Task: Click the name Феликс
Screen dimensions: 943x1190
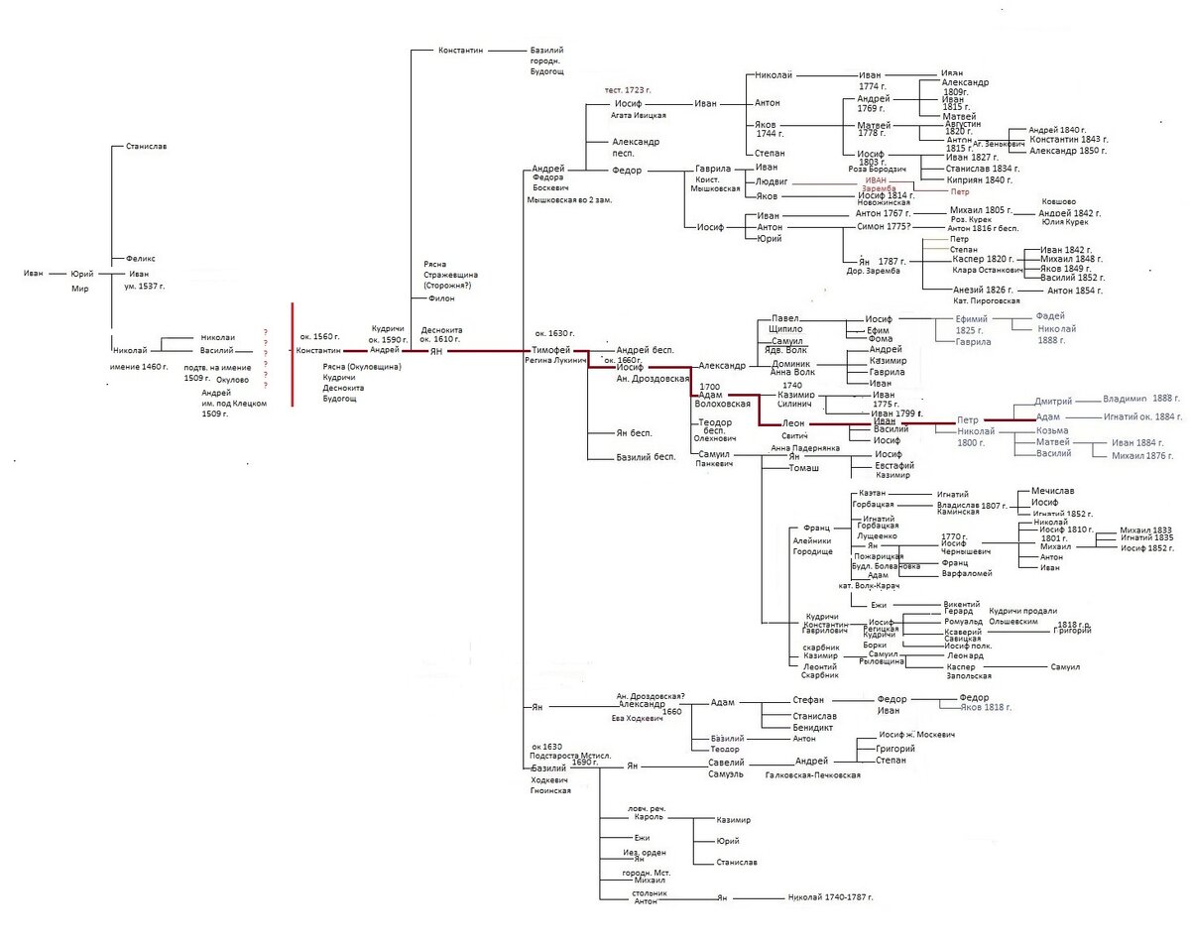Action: click(141, 259)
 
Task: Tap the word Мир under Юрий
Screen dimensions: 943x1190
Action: click(79, 289)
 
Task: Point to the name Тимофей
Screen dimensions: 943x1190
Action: click(550, 350)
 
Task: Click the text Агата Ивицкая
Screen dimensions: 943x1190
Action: click(639, 115)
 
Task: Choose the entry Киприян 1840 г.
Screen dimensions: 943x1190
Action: click(979, 179)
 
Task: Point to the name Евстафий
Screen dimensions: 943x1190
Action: click(894, 465)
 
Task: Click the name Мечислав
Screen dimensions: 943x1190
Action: click(1053, 491)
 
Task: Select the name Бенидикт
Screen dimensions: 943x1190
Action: click(812, 728)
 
